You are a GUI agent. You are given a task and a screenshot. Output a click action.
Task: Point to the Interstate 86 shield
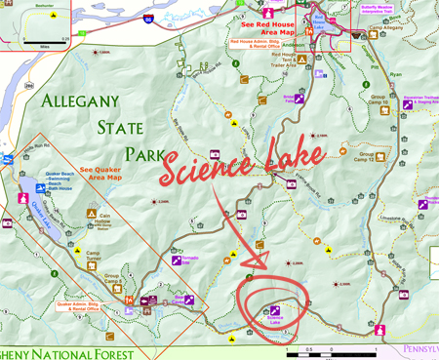click(175, 19)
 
